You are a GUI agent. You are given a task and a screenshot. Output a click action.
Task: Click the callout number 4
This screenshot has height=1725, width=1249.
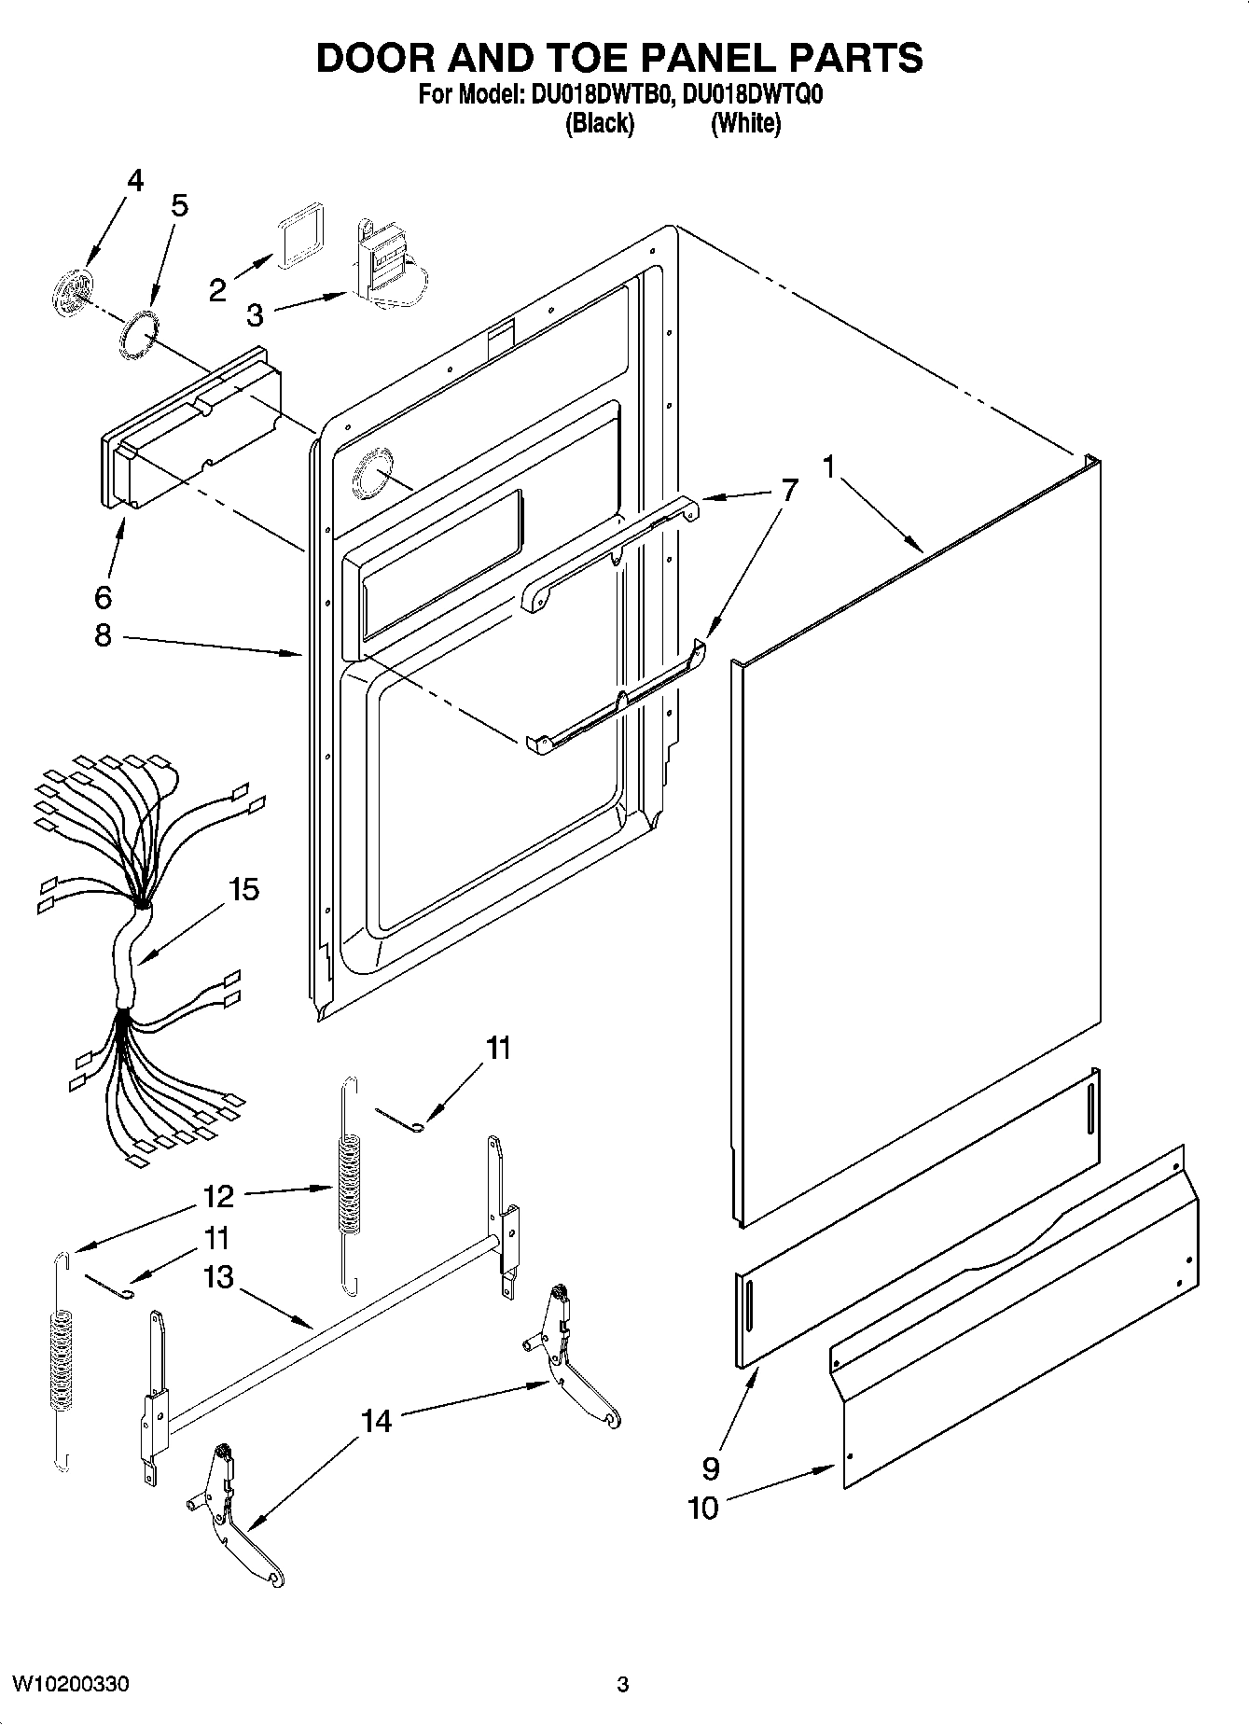pyautogui.click(x=135, y=180)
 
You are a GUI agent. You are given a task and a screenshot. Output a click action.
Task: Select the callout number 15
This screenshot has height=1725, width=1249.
pyautogui.click(x=243, y=889)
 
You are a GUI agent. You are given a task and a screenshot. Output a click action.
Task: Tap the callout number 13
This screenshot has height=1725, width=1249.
pyautogui.click(x=218, y=1276)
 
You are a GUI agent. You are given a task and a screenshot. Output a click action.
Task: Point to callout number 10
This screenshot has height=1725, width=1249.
pyautogui.click(x=703, y=1508)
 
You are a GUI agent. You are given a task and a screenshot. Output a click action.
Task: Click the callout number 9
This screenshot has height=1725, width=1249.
pyautogui.click(x=711, y=1468)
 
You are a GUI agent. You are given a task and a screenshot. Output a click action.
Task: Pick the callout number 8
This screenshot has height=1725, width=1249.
pyautogui.click(x=103, y=635)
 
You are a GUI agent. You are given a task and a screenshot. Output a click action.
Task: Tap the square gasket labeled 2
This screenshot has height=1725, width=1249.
pyautogui.click(x=299, y=240)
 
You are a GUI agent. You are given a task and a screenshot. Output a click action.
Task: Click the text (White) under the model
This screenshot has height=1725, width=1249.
pyautogui.click(x=745, y=123)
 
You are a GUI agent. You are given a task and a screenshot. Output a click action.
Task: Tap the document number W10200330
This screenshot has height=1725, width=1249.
pyautogui.click(x=70, y=1684)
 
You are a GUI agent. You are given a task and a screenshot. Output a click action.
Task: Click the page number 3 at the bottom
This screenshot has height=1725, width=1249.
pyautogui.click(x=622, y=1685)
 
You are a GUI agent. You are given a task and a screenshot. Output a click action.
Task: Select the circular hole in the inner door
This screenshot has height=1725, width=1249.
pyautogui.click(x=370, y=482)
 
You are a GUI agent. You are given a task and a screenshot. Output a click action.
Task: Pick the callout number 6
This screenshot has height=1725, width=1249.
pyautogui.click(x=103, y=596)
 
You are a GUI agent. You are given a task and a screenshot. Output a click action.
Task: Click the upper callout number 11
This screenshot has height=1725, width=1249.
pyautogui.click(x=499, y=1048)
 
